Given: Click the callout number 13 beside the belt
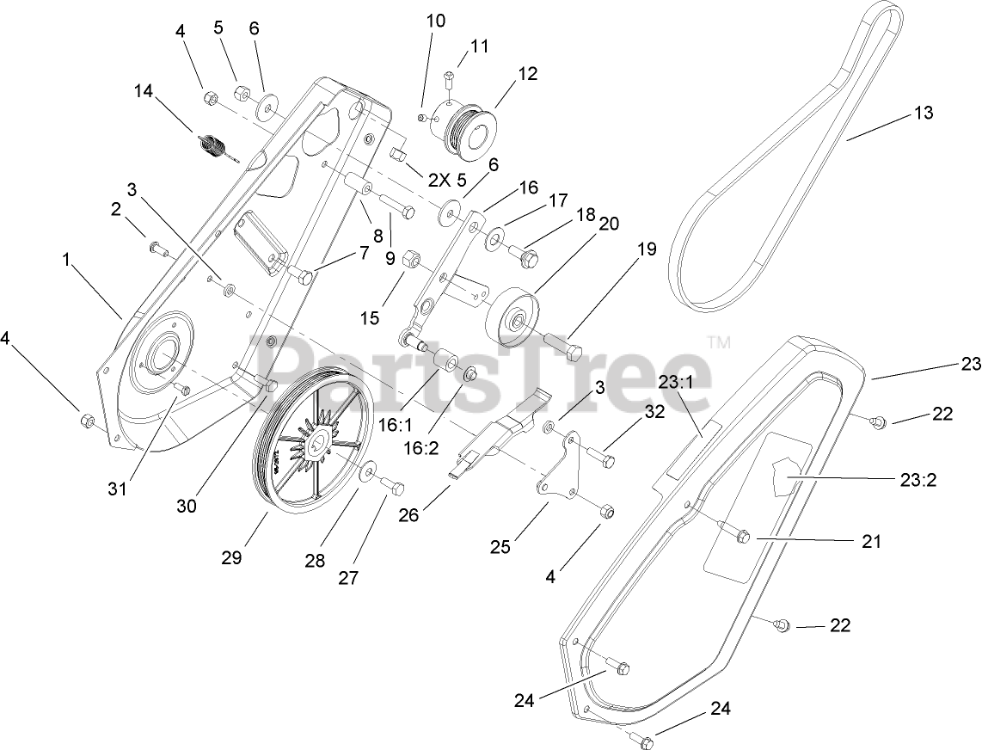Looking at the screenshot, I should tap(923, 113).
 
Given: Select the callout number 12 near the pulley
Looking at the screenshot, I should tap(527, 75).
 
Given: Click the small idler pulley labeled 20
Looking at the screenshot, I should tap(513, 317).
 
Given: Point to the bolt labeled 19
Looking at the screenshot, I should tap(564, 349).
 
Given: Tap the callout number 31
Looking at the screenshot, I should tap(117, 489).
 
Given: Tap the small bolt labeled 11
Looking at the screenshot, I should tap(449, 79).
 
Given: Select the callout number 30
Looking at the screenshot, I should tap(186, 506).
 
